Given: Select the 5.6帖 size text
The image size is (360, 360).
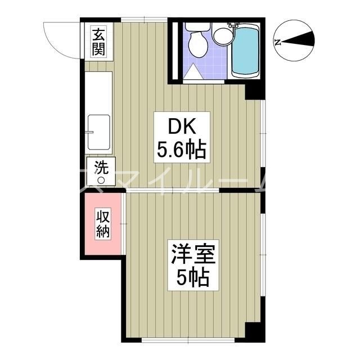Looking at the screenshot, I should click(x=179, y=150).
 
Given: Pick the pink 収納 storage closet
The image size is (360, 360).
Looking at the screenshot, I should click(x=102, y=223).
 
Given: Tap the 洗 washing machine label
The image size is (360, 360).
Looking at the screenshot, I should click(x=101, y=167).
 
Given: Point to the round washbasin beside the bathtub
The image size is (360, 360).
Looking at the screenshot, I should click(x=221, y=37).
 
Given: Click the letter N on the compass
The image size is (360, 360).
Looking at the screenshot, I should click(x=277, y=41).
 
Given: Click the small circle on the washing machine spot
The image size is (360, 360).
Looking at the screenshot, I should click(x=101, y=181).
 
